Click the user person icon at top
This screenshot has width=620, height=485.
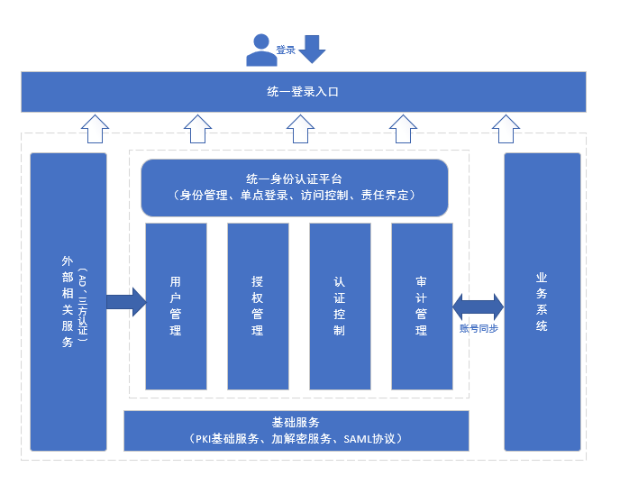pos(261,50)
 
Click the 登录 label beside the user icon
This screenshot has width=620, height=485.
pos(286,50)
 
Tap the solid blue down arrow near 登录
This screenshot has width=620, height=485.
pos(312,49)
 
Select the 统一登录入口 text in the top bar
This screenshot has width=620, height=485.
pos(303,92)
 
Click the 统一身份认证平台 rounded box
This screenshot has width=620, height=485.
pos(295,188)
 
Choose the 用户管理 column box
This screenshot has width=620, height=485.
pos(176,307)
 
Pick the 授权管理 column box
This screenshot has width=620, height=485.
pos(258,307)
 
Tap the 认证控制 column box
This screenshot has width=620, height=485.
pos(340,307)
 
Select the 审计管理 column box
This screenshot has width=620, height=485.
pos(422,307)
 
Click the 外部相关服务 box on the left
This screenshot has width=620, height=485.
pos(68,301)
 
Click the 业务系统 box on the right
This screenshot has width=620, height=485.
pos(542,301)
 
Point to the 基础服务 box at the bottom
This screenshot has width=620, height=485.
pos(296,431)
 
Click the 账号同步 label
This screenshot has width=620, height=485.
pos(479,328)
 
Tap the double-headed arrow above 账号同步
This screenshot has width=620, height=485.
pos(479,306)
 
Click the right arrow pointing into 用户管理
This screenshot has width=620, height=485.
pos(125,301)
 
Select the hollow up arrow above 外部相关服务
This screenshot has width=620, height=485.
pos(94,128)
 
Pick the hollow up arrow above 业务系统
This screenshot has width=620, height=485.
pos(506,128)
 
